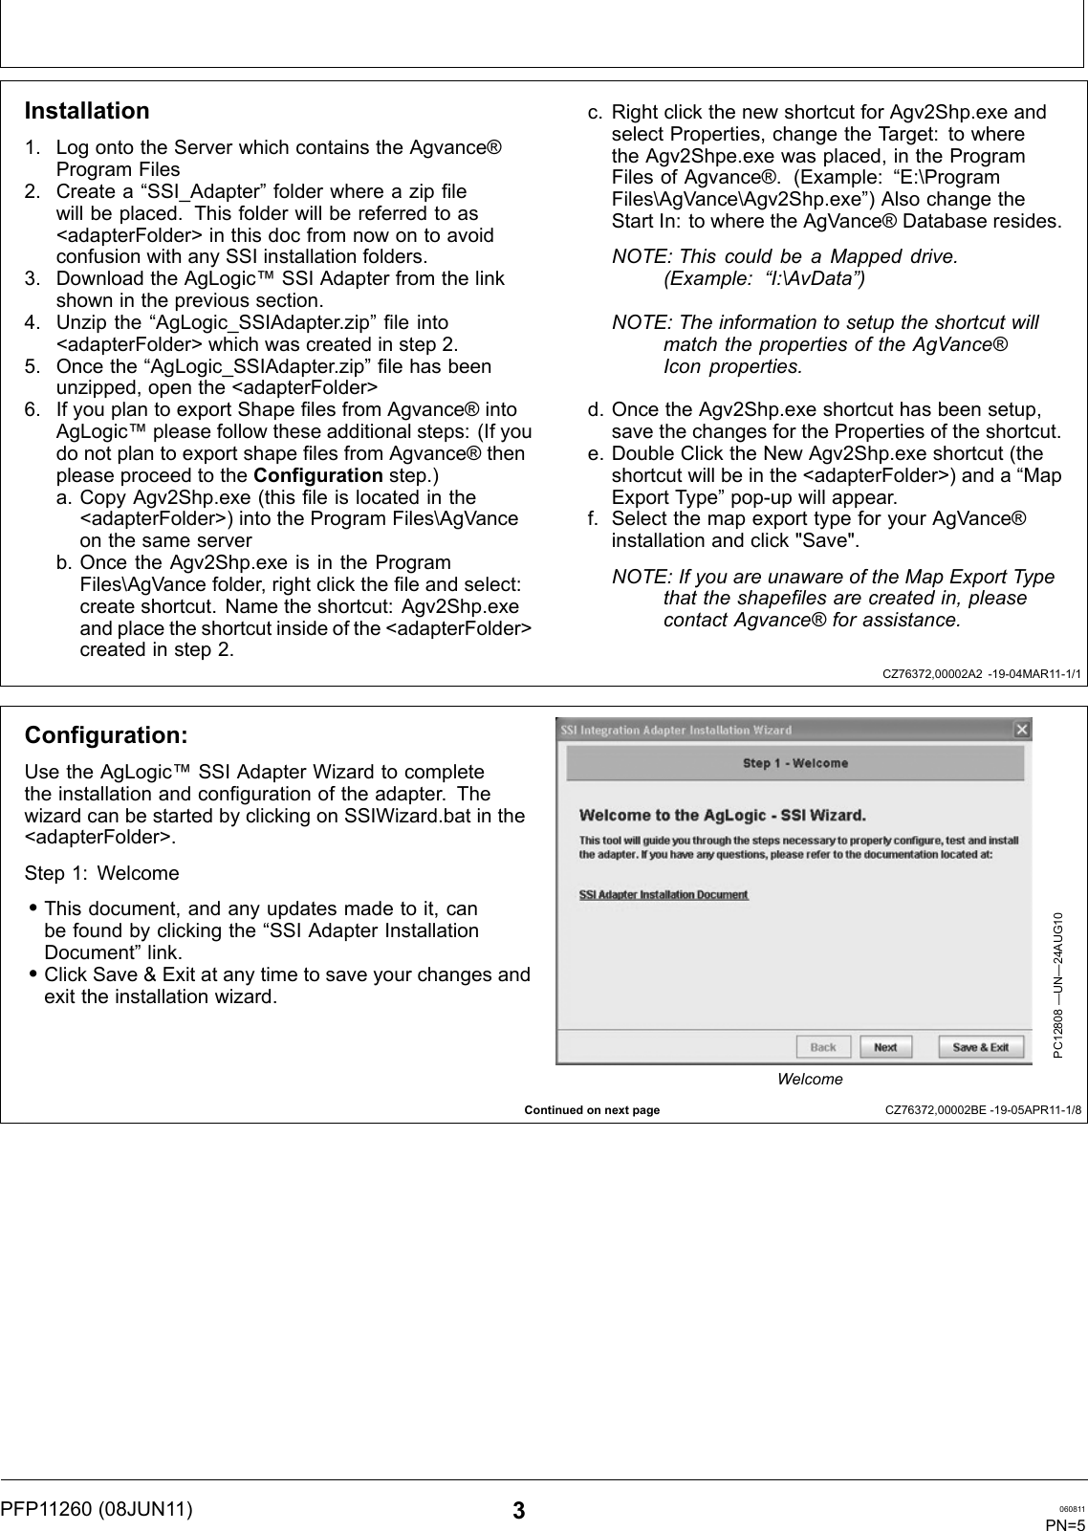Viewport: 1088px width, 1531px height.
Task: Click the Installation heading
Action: (x=87, y=111)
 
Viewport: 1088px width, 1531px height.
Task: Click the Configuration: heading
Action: (x=106, y=735)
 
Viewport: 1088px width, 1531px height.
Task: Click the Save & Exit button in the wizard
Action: (x=980, y=1047)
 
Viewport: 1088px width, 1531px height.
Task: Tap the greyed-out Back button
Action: (x=822, y=1047)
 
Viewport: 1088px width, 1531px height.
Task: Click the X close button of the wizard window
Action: (x=1021, y=731)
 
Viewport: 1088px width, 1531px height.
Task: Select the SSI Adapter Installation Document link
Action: (x=664, y=895)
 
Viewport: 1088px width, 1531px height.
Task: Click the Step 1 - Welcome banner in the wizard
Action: (x=794, y=763)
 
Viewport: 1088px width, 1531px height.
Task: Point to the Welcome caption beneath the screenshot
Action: (x=810, y=1079)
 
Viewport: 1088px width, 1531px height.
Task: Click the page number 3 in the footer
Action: (x=518, y=1512)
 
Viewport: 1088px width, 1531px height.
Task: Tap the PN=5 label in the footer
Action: (x=1064, y=1524)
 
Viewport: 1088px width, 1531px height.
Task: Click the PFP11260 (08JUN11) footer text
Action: (x=97, y=1509)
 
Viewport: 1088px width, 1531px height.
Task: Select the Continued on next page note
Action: (x=592, y=1110)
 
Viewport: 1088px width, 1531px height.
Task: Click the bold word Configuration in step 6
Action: (x=318, y=475)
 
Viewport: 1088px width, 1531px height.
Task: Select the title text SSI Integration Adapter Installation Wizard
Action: (x=676, y=731)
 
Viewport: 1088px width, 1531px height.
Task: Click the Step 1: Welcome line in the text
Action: (x=102, y=873)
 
